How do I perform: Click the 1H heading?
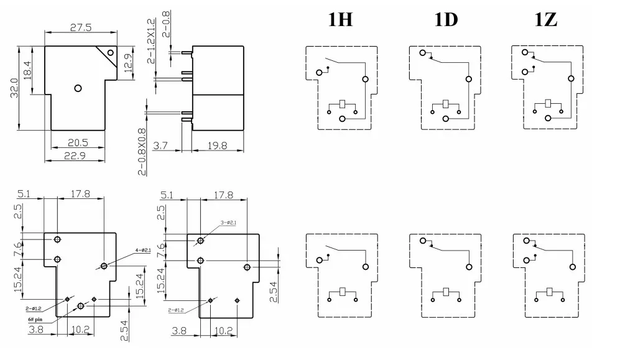340,20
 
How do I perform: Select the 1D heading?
446,20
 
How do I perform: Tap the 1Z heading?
546,20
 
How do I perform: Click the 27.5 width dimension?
80,27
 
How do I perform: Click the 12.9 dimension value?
129,62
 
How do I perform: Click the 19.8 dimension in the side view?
217,146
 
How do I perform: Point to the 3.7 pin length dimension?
160,146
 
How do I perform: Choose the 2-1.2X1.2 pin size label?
151,41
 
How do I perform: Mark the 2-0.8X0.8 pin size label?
142,152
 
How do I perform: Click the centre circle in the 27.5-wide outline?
78,88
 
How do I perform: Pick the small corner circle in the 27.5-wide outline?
111,53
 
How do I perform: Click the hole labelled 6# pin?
81,306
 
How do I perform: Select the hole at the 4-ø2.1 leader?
104,266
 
